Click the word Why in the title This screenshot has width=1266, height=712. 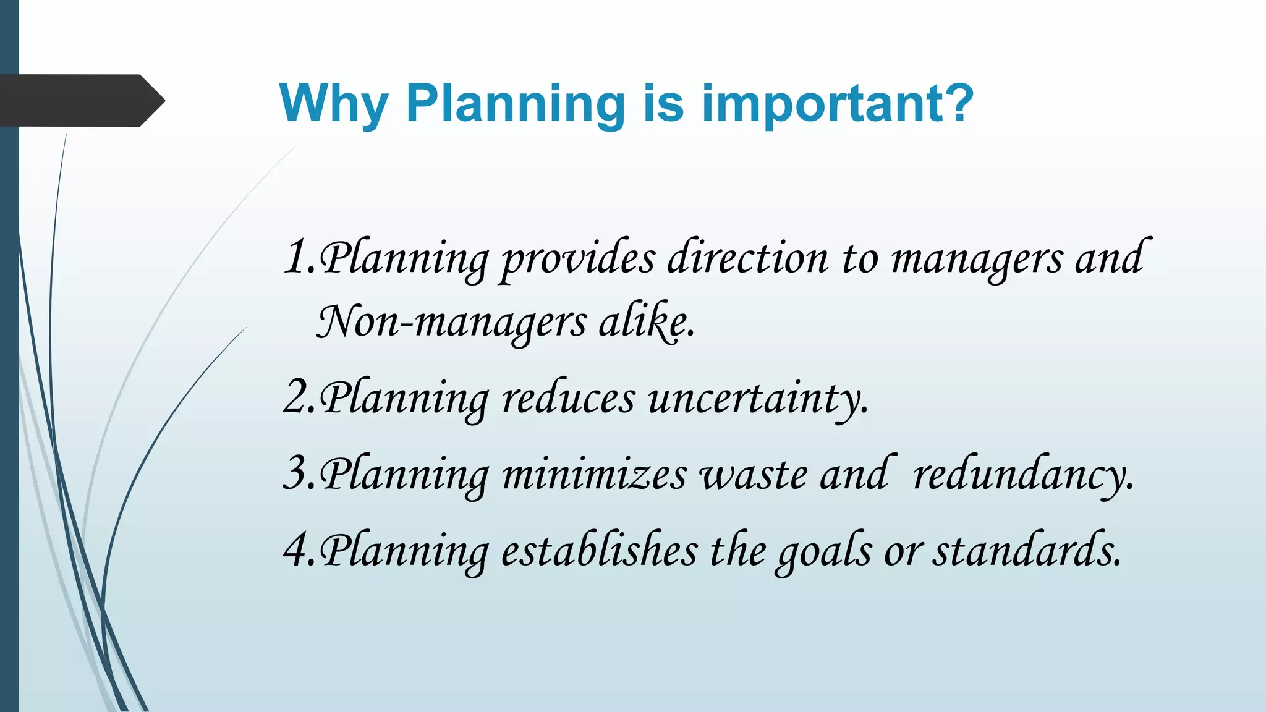tap(334, 104)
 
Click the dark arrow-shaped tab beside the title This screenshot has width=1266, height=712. tap(80, 100)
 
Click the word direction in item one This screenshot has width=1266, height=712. tap(747, 258)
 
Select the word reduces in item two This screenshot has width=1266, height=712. tap(567, 397)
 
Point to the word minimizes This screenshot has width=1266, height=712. tap(594, 474)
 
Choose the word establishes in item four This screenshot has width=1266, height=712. tap(598, 549)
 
